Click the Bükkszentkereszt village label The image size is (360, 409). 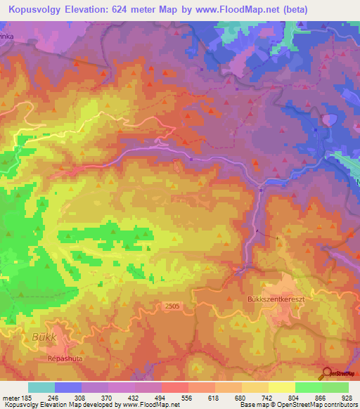(x=278, y=297)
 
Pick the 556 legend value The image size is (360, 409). (x=186, y=397)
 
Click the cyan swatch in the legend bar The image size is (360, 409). (x=41, y=387)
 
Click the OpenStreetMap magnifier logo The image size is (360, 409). (x=326, y=373)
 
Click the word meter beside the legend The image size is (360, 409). (x=11, y=397)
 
